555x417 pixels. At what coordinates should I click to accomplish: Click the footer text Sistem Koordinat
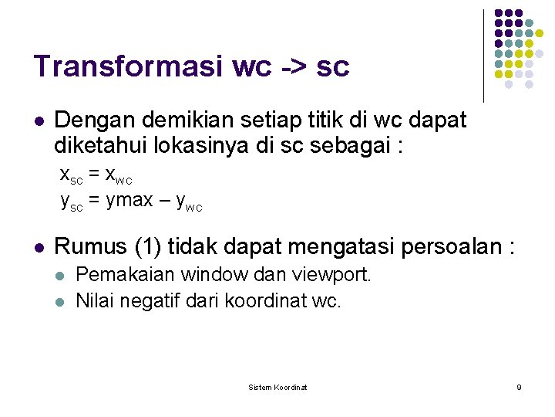pyautogui.click(x=277, y=387)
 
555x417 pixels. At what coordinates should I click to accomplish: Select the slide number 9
pyautogui.click(x=519, y=387)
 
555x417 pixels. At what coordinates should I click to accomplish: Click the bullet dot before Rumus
pyautogui.click(x=39, y=248)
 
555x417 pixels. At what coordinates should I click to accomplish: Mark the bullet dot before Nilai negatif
pyautogui.click(x=61, y=301)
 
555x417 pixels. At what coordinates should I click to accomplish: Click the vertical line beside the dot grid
pyautogui.click(x=484, y=56)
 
